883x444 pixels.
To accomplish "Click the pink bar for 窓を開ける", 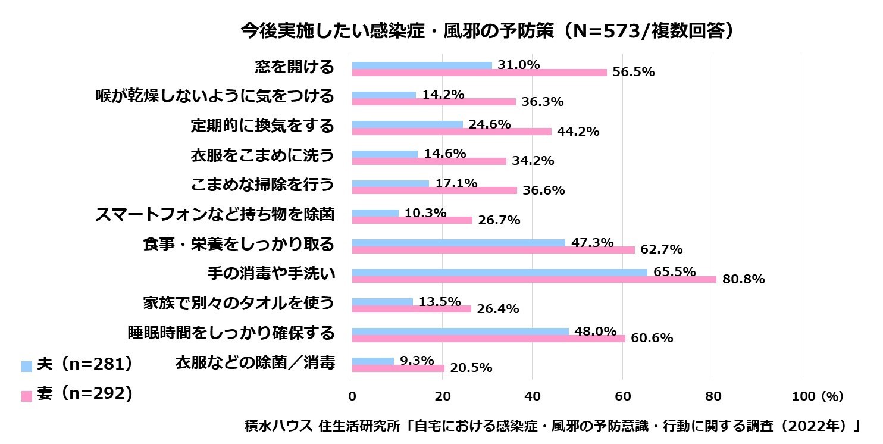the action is [480, 73].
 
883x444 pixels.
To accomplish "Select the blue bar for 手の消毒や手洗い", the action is [499, 273].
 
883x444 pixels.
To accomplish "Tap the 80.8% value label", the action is [743, 279].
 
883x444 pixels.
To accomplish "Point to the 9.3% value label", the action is [417, 361].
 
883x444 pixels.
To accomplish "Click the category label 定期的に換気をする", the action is [262, 126].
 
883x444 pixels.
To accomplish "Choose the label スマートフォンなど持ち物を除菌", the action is [215, 214].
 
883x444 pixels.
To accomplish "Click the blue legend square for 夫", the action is [26, 366].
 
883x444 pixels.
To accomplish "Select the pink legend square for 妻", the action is [26, 396].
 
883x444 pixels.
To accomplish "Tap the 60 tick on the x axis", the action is [623, 396].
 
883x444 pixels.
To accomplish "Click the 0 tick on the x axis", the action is [352, 396].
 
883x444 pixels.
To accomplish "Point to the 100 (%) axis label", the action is [818, 396].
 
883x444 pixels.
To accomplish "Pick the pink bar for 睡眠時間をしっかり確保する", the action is [489, 338].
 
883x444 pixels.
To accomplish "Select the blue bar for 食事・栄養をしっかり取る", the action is [458, 243].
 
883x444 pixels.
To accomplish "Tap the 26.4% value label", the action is [498, 309].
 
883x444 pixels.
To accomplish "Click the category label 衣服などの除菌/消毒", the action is [255, 362].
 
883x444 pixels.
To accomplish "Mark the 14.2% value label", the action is [443, 95].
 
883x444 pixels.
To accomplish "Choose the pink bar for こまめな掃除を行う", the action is [434, 190].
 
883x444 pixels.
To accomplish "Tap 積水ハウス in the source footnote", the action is [278, 426].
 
